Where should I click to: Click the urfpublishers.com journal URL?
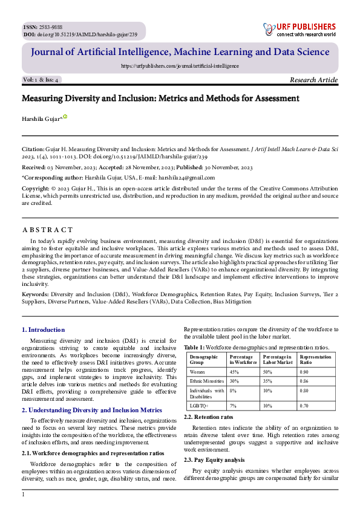pyautogui.click(x=180, y=65)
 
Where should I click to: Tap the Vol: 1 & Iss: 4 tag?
pyautogui.click(x=41, y=80)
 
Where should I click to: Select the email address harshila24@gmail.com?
pyautogui.click(x=186, y=178)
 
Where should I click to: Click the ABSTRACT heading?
pyautogui.click(x=47, y=230)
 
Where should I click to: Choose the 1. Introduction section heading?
pyautogui.click(x=43, y=329)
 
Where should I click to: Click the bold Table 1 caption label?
pyautogui.click(x=194, y=348)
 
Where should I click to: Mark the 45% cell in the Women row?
pyautogui.click(x=234, y=372)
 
